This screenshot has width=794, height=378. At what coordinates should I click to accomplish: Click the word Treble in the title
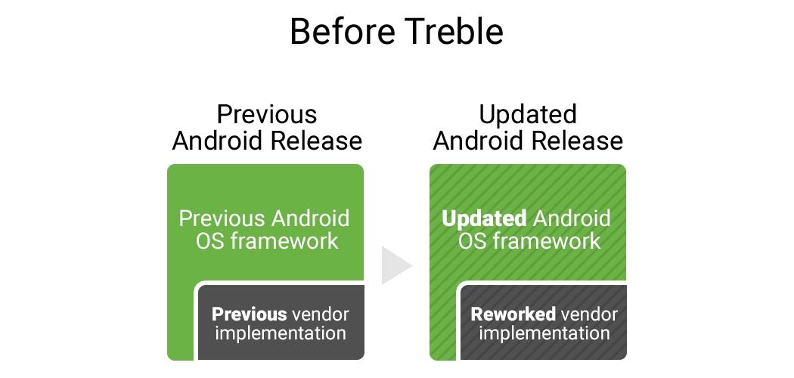(455, 31)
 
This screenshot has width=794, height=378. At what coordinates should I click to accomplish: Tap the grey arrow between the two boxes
(396, 265)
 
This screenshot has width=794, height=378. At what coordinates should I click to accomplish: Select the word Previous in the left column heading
(267, 114)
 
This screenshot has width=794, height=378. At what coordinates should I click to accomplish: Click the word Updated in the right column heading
(528, 114)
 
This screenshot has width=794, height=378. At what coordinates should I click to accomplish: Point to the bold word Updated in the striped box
(484, 219)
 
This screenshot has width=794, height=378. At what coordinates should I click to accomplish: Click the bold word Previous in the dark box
(249, 314)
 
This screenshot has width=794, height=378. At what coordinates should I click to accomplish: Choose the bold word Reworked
(513, 314)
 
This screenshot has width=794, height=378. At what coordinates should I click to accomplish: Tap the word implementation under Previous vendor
(281, 333)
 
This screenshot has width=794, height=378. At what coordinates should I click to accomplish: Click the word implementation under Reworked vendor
(544, 333)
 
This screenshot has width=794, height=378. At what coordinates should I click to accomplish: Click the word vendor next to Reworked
(588, 314)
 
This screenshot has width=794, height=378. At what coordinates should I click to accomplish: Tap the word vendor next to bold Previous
(321, 314)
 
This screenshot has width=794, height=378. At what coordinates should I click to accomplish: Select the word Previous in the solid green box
(222, 218)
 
